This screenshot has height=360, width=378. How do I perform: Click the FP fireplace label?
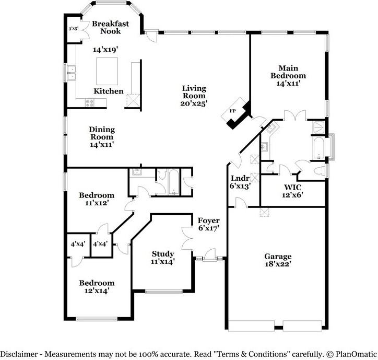[x=233, y=111]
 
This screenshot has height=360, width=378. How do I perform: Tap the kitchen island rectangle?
[x=107, y=71]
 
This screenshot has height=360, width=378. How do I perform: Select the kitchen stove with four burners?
[x=89, y=103]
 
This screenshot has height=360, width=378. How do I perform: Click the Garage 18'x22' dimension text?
[x=278, y=264]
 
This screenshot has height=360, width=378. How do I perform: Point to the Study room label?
[x=163, y=254]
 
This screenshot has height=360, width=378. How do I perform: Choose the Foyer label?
[x=208, y=220]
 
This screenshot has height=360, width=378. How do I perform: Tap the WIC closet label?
[x=292, y=187]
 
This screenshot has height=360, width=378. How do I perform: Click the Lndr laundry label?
[x=240, y=178]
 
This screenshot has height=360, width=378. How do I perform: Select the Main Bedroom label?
[x=288, y=72]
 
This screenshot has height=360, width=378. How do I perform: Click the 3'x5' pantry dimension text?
[x=73, y=29]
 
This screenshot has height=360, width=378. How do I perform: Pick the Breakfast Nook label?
[x=110, y=27]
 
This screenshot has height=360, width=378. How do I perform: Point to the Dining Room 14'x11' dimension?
[x=102, y=145]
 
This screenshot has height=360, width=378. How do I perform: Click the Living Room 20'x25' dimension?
[x=194, y=103]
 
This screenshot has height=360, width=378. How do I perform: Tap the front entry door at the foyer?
[x=209, y=256]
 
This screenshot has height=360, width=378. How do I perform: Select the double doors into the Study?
[x=186, y=238]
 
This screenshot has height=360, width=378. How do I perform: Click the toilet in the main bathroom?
[x=320, y=170]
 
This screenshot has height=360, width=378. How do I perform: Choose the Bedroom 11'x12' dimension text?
[x=96, y=203]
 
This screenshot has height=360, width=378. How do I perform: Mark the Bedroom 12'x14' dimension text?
[x=97, y=291]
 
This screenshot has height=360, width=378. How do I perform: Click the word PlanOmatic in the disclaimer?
[x=356, y=354]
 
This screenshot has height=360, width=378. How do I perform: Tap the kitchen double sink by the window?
[x=72, y=73]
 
